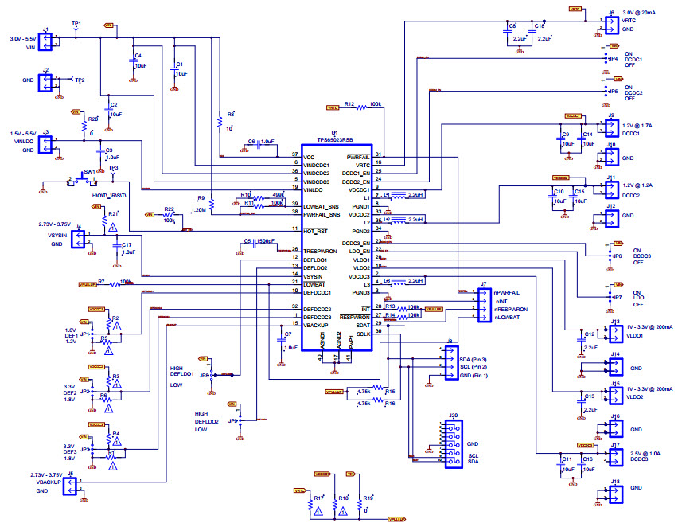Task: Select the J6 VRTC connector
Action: tap(611, 25)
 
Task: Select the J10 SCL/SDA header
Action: tap(452, 443)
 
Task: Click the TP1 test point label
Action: tap(76, 24)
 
